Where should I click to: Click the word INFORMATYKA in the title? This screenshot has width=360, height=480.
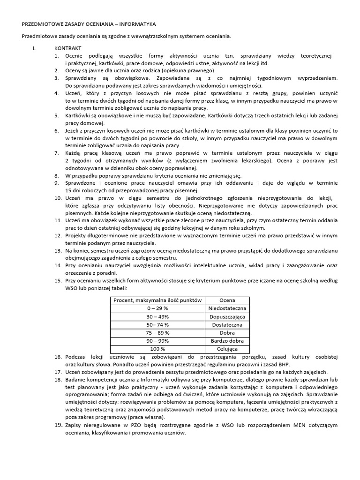click(137, 23)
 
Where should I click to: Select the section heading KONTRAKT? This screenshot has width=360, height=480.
click(68, 48)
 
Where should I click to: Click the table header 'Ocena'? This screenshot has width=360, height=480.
click(227, 300)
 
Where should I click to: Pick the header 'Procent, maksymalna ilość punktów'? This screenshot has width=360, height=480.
click(158, 300)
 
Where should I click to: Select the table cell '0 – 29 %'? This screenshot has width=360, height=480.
click(158, 308)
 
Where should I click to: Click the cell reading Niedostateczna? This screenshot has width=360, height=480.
click(227, 308)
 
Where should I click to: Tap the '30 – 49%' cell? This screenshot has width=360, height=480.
click(158, 316)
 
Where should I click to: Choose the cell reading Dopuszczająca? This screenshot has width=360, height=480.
click(227, 316)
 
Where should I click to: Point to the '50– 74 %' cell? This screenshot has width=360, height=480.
click(158, 324)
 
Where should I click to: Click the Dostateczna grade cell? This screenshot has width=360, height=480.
click(227, 324)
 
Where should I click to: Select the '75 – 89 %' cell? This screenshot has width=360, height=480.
click(158, 333)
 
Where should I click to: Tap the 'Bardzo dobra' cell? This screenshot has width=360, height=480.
click(227, 341)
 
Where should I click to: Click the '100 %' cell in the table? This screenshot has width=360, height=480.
click(158, 349)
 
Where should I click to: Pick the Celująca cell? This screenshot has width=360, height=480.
click(227, 349)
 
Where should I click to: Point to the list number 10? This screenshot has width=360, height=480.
click(57, 198)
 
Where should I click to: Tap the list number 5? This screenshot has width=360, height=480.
click(57, 116)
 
